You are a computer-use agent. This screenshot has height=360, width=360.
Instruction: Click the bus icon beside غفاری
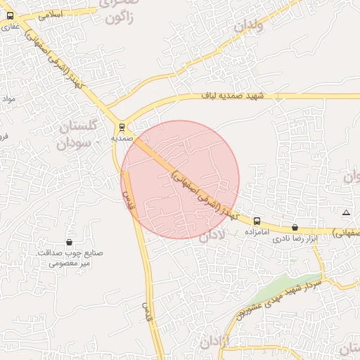8,15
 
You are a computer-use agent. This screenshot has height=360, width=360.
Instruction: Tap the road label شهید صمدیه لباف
232,96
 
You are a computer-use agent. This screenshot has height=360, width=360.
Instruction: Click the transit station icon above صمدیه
122,127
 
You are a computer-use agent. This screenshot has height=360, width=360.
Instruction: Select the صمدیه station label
122,139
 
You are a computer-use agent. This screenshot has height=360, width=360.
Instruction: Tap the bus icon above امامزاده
257,220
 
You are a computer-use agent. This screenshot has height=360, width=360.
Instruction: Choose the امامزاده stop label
257,231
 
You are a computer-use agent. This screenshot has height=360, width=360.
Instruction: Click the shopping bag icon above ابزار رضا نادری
294,227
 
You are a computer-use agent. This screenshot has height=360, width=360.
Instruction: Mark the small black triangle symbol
345,212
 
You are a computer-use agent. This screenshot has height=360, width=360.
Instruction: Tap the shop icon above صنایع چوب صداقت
69,242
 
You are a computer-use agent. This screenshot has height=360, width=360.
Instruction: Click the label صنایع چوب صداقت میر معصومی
69,258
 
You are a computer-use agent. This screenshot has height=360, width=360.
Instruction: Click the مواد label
9,98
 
